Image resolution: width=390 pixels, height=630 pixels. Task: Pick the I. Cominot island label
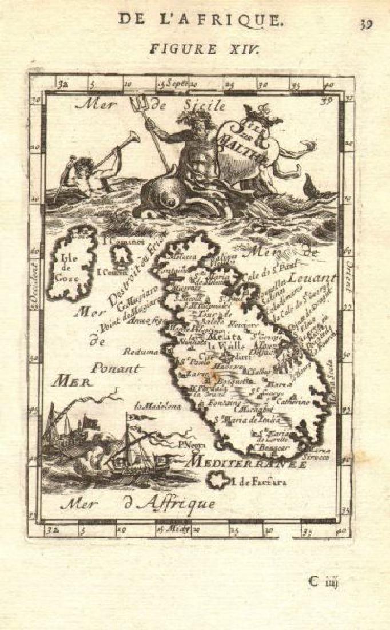click(124, 241)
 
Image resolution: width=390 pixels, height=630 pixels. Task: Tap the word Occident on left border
click(35, 281)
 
